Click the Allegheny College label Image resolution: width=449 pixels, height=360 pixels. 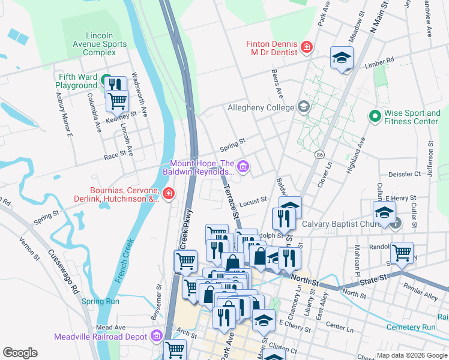click(x=261, y=108)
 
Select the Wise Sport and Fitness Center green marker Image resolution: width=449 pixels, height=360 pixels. click(x=375, y=115)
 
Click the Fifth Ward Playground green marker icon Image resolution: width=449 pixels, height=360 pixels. click(x=106, y=80)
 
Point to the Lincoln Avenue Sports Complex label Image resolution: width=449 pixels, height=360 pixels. click(x=99, y=44)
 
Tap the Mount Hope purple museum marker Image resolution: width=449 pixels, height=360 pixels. click(x=243, y=166)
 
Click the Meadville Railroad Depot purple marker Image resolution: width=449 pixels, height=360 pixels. click(x=157, y=335)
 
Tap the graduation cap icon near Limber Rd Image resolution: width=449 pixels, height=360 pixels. click(x=342, y=58)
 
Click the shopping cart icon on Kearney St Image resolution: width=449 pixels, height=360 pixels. click(x=117, y=100)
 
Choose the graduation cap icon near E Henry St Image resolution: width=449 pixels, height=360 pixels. click(x=384, y=212)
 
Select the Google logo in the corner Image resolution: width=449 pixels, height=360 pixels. click(x=20, y=353)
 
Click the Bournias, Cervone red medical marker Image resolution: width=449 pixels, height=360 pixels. click(x=169, y=193)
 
